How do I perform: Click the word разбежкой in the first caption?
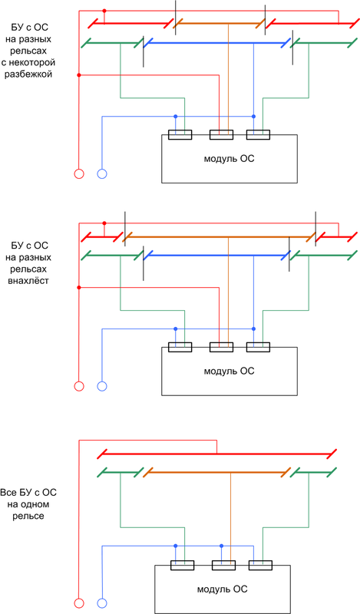(x=28, y=74)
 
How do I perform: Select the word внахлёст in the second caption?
(x=28, y=280)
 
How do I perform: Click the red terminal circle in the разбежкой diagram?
(x=79, y=174)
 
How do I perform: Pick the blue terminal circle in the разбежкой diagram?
(x=102, y=174)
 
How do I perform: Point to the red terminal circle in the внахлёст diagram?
(x=79, y=387)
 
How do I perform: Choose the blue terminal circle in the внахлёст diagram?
(x=102, y=387)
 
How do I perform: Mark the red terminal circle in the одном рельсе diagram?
(x=79, y=603)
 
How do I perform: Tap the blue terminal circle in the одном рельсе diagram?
(x=102, y=603)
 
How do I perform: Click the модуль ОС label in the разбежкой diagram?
(x=230, y=159)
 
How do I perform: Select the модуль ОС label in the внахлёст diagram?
(x=230, y=371)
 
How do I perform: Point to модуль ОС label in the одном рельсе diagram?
(x=223, y=589)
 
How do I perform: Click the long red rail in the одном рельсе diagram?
(x=216, y=454)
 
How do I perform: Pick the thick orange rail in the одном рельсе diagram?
(x=216, y=472)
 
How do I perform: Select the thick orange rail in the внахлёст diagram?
(x=220, y=237)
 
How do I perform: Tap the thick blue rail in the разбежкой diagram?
(x=216, y=43)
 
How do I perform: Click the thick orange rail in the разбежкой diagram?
(x=220, y=24)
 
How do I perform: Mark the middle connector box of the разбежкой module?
(x=221, y=135)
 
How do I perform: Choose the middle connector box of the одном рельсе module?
(x=223, y=565)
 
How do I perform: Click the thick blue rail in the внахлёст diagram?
(x=216, y=256)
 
